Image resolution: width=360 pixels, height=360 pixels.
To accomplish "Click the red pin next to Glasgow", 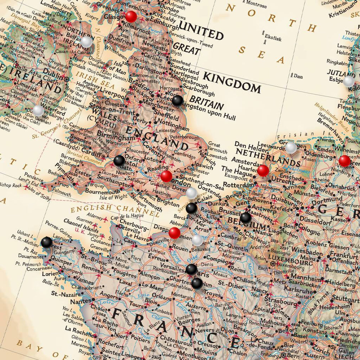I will click(x=131, y=16).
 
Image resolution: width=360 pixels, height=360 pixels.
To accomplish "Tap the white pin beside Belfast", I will click(x=86, y=42).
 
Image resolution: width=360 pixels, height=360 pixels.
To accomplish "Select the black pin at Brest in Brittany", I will click(x=46, y=242).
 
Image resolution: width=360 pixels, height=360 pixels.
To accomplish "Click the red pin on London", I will click(x=166, y=176).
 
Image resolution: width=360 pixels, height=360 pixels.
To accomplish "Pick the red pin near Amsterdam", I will click(x=263, y=171).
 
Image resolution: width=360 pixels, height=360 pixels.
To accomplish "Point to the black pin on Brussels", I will click(x=246, y=217).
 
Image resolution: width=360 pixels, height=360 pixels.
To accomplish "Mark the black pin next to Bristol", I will click(x=119, y=161).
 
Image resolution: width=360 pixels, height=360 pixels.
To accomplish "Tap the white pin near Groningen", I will click(x=291, y=148).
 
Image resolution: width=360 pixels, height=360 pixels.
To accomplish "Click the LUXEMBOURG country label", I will click(x=290, y=263).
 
